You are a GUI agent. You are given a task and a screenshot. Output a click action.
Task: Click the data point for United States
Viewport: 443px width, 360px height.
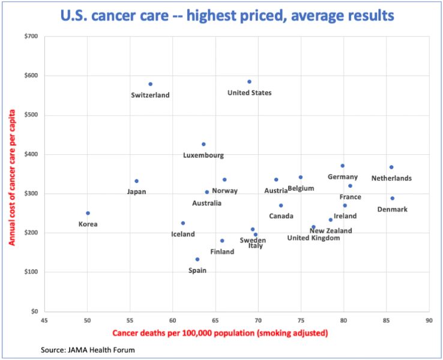coord(249,82)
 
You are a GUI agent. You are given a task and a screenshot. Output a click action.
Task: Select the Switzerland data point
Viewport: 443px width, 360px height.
coord(150,84)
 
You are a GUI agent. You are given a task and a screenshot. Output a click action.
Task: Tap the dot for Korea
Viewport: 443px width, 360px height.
coord(88,213)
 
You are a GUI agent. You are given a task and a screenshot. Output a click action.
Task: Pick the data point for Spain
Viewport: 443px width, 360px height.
coord(197,259)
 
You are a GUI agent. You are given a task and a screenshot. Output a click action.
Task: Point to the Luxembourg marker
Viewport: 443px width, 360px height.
coord(203,144)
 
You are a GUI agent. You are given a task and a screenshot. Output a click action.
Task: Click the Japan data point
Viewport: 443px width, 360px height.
coord(136,181)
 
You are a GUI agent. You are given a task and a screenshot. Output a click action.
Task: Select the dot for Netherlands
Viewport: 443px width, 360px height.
coord(391,167)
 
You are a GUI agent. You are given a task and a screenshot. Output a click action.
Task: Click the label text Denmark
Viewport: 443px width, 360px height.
coord(392,209)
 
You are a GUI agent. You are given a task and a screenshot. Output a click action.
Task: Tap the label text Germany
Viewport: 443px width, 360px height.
coord(343,177)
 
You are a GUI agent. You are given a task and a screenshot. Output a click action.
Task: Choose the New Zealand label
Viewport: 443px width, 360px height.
coord(331,230)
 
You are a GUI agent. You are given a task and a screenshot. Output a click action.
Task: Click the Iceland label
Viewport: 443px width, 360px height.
coord(182,234)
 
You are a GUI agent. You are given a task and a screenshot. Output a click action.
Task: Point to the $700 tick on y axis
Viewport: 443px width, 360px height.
coord(31,37)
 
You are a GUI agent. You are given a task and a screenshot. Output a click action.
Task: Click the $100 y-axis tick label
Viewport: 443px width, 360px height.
coord(31,272)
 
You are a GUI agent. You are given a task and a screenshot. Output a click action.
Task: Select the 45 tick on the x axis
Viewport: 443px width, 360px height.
coord(45,320)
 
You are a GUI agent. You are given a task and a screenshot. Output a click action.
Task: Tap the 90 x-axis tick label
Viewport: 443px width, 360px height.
coord(429,320)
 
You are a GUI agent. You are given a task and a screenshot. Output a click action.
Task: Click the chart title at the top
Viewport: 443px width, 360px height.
coord(221,14)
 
